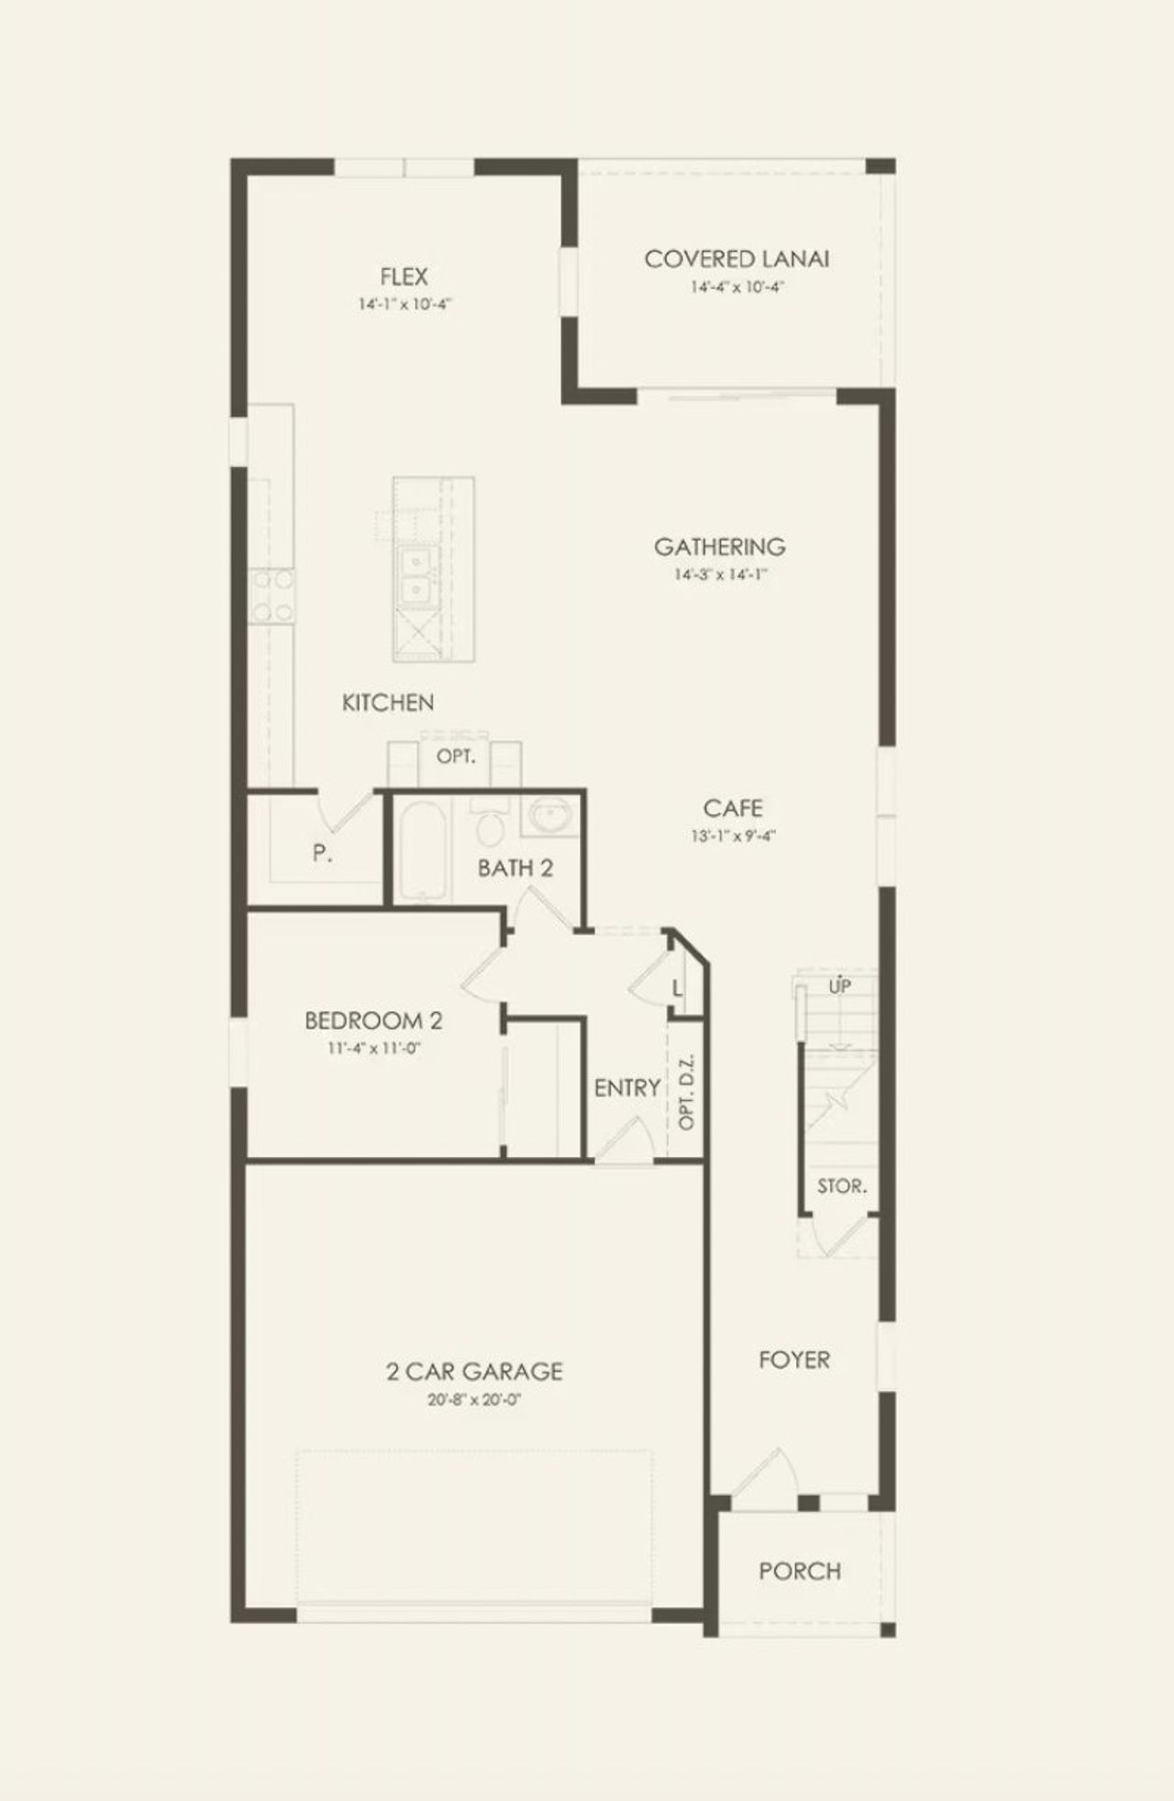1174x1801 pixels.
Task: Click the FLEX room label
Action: (x=404, y=276)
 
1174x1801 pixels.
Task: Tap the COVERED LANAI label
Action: (x=737, y=259)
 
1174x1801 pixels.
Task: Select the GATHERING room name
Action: (x=719, y=547)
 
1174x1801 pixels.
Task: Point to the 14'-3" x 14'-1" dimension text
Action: (x=719, y=575)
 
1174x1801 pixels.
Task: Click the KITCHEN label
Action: (x=388, y=703)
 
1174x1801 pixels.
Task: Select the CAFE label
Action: (x=733, y=808)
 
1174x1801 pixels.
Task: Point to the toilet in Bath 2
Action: (x=490, y=827)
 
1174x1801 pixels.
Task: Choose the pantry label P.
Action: (x=321, y=853)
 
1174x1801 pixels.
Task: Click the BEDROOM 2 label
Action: (x=373, y=1020)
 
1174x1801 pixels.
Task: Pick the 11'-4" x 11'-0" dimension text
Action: (x=373, y=1048)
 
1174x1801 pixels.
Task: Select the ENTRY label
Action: (x=627, y=1088)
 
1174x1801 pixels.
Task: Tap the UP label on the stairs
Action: (x=839, y=987)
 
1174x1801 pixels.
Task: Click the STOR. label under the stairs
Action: (x=842, y=1186)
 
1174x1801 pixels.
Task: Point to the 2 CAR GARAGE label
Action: (x=473, y=1372)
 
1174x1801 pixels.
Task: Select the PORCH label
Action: (x=800, y=1571)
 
